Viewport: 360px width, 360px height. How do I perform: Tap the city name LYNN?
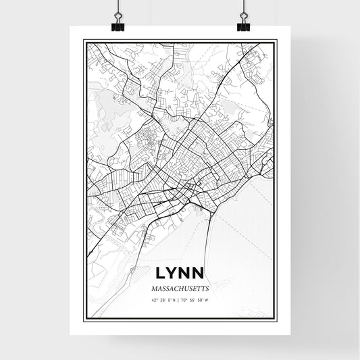click(180, 274)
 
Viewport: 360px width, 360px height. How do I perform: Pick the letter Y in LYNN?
click(173, 274)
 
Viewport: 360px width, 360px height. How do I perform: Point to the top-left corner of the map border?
click(84, 41)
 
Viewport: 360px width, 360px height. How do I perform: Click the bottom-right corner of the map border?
click(276, 319)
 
